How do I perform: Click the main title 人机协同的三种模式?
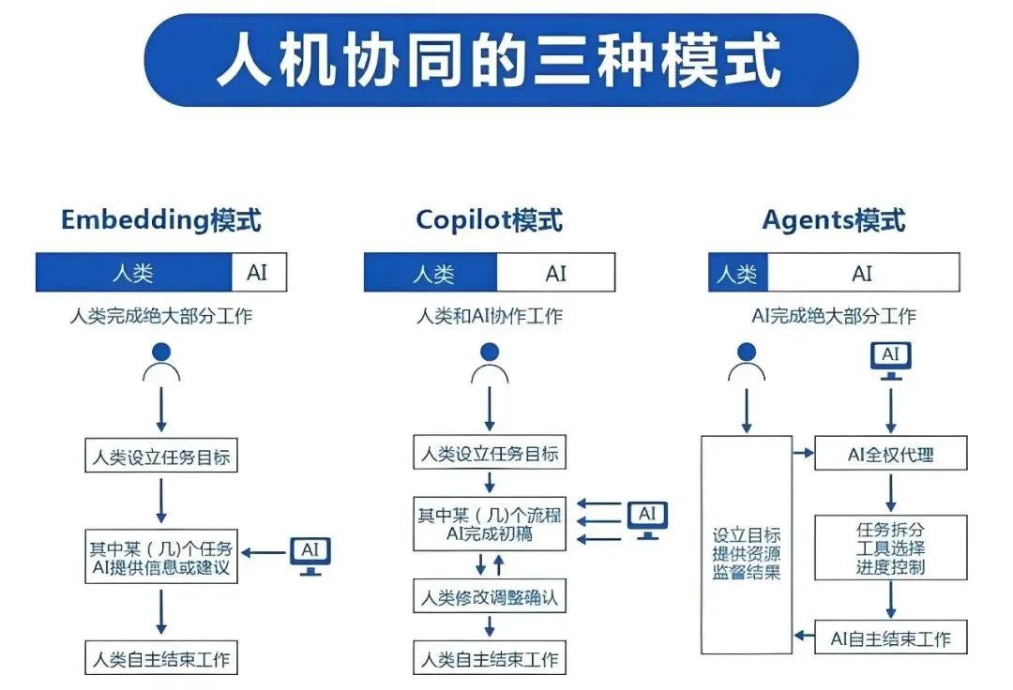tap(500, 60)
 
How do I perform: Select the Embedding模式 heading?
tap(160, 220)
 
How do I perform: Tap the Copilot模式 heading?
tap(489, 220)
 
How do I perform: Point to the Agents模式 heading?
tap(834, 220)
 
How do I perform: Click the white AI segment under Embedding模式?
tap(258, 273)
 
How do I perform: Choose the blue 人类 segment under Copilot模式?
tap(431, 273)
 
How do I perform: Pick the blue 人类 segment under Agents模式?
tap(737, 273)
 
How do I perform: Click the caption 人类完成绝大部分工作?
tap(160, 316)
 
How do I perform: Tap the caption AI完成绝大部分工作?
tap(834, 316)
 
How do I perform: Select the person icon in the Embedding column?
tap(161, 362)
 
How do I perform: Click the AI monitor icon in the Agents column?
tap(891, 360)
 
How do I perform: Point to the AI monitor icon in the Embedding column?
tap(310, 556)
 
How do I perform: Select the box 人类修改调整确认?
tap(490, 596)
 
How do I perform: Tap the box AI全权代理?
tap(890, 455)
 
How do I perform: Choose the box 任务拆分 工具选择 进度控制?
tap(890, 547)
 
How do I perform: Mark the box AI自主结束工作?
tap(890, 638)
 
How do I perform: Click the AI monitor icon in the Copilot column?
tap(647, 520)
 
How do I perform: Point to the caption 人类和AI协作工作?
tap(490, 316)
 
